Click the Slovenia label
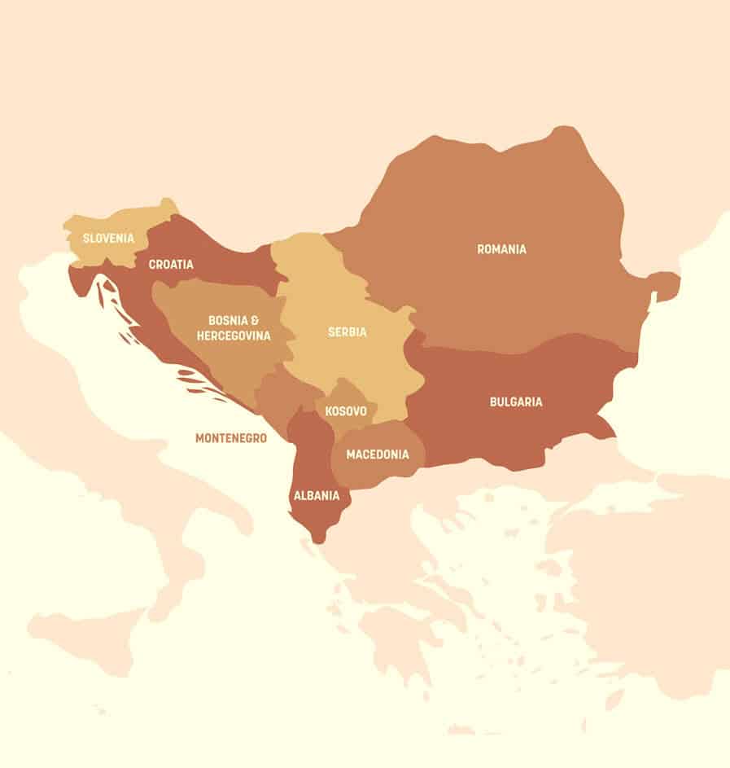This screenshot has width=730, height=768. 108,239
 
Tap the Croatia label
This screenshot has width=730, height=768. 171,265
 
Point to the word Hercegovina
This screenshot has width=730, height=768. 234,335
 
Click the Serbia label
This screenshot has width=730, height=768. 348,332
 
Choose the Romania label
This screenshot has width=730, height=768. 501,249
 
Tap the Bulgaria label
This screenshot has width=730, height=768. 516,402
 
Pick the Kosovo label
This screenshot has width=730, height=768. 346,411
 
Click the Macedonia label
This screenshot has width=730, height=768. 378,454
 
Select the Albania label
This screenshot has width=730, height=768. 317,494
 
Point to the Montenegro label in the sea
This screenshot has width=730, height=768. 231,438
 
